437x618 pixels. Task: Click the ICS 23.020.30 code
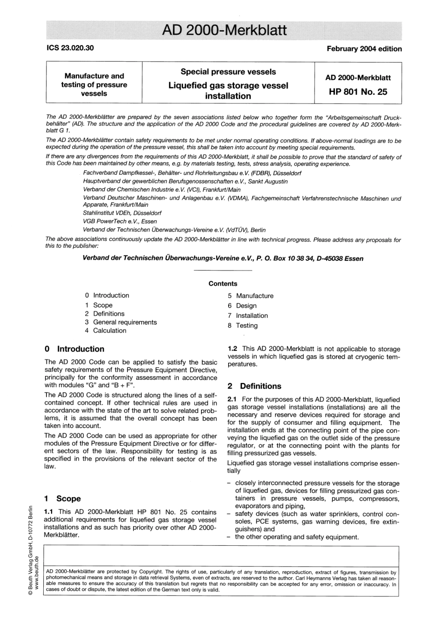(x=70, y=48)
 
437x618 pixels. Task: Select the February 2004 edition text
(x=364, y=49)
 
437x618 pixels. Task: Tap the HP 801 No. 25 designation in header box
(x=358, y=92)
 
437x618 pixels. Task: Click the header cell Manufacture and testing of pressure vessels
(x=94, y=85)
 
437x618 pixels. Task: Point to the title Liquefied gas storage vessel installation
(x=228, y=91)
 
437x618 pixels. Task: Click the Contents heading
(x=223, y=284)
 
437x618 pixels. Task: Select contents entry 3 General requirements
(x=121, y=322)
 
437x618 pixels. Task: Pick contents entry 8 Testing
(x=242, y=326)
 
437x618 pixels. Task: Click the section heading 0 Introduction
(x=75, y=349)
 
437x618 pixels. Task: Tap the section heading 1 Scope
(x=63, y=498)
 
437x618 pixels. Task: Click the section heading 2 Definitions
(x=254, y=386)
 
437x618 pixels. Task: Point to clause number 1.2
(x=233, y=349)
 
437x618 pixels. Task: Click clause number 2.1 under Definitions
(x=233, y=400)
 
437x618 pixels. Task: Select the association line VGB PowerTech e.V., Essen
(x=120, y=221)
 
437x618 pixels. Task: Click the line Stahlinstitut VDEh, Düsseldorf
(x=122, y=213)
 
